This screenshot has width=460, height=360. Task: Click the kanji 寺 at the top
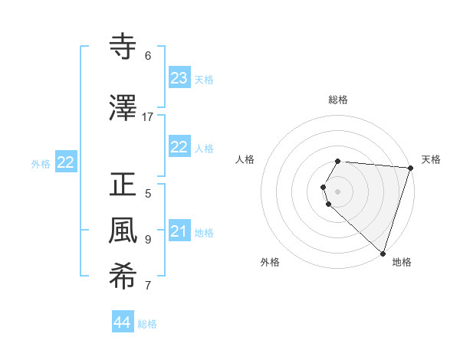pos(123,47)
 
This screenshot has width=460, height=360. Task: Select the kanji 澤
pos(123,108)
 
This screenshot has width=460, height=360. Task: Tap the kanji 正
pos(123,185)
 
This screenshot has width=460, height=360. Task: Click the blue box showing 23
pos(179,78)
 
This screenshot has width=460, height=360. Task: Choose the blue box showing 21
pos(179,231)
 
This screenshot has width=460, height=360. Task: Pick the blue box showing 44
pos(122,322)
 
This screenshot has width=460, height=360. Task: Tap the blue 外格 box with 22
pos(66,162)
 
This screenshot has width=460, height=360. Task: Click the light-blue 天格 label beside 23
pos(203,80)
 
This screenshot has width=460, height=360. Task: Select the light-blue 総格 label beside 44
pos(147,324)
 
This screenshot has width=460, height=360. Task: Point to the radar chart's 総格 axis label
pos(338,100)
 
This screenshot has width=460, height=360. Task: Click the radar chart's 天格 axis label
pos(431,159)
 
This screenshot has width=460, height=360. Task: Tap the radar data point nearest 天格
pos(410,168)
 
